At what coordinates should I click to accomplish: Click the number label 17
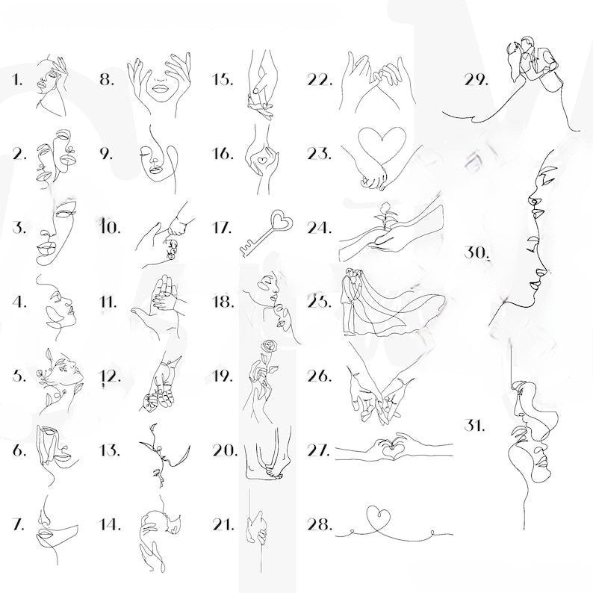[x=223, y=228]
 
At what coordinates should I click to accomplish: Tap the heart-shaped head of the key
[x=282, y=220]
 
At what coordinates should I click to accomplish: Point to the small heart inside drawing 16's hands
[x=261, y=160]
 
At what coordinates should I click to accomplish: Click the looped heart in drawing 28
[x=379, y=519]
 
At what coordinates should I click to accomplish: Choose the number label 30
[x=476, y=253]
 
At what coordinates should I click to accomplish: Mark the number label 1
[x=17, y=80]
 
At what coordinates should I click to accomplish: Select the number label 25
[x=320, y=302]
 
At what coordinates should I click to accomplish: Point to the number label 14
[x=110, y=524]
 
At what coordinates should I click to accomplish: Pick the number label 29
[x=476, y=80]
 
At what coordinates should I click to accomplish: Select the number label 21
[x=223, y=524]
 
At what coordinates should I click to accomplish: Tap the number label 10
[x=110, y=228]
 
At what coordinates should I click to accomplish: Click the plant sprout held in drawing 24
[x=385, y=217]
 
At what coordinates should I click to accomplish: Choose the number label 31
[x=475, y=426]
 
